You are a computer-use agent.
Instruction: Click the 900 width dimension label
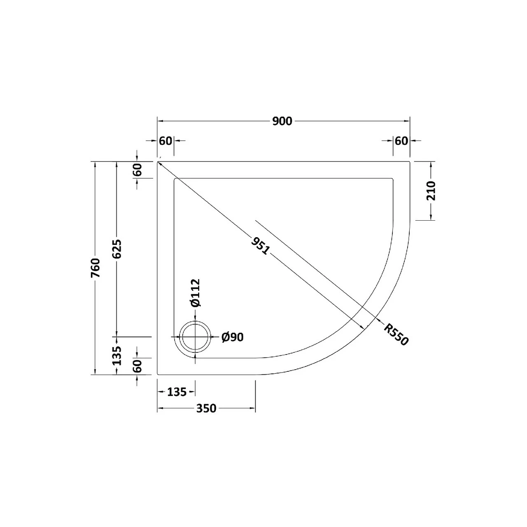[x=282, y=121]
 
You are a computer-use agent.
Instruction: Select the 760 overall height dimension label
[x=95, y=268]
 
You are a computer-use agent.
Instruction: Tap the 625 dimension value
[x=117, y=249]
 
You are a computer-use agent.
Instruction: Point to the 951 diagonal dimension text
[x=260, y=246]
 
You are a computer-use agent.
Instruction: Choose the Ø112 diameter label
[x=195, y=293]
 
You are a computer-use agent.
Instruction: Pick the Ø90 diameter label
[x=233, y=337]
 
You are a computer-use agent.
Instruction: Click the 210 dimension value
[x=431, y=191]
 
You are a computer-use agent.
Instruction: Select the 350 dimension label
[x=206, y=408]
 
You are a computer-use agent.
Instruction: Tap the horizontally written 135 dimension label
[x=177, y=392]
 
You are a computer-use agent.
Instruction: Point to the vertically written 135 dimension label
[x=117, y=356]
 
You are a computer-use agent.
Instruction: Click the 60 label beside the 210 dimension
[x=401, y=141]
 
